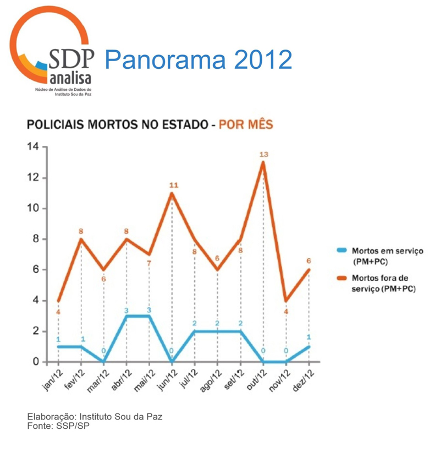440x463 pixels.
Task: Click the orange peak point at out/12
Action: [x=263, y=162]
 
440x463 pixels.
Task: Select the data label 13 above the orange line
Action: [x=263, y=154]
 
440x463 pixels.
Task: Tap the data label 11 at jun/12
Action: [x=173, y=185]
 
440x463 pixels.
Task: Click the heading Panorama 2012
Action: [x=198, y=59]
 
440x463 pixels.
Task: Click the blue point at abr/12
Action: [x=127, y=316]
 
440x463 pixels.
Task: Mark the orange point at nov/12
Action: [x=286, y=301]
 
